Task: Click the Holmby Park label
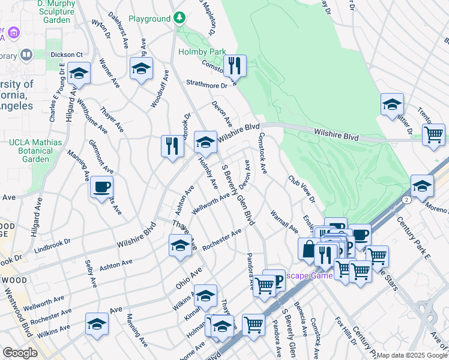tap(202, 52)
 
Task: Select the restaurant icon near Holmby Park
tap(235, 65)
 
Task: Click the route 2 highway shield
tap(408, 199)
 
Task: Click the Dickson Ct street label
tap(66, 54)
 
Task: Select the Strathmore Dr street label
tap(207, 85)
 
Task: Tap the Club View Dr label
tap(301, 188)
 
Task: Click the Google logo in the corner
tap(19, 353)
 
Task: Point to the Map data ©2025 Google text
tap(412, 355)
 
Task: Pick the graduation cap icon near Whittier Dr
tap(392, 104)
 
